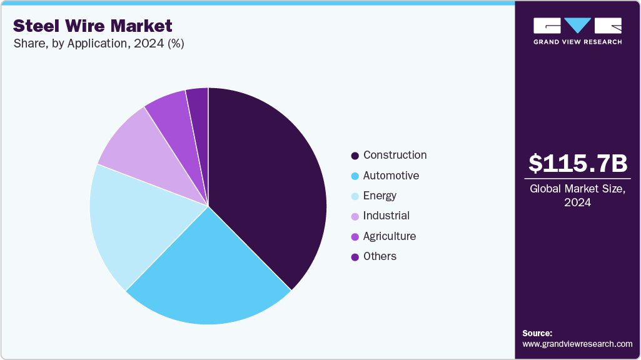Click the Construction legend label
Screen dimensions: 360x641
pyautogui.click(x=395, y=155)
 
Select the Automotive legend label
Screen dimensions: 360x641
pyautogui.click(x=391, y=176)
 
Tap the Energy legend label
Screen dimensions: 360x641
pyautogui.click(x=380, y=196)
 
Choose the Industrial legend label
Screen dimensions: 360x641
pyautogui.click(x=386, y=216)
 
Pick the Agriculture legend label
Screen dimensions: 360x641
pyautogui.click(x=389, y=236)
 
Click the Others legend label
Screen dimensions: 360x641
pyautogui.click(x=380, y=256)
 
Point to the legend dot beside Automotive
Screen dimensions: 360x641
pyautogui.click(x=355, y=176)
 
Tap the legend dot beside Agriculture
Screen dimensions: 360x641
pyautogui.click(x=355, y=237)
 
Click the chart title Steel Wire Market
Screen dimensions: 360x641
pyautogui.click(x=93, y=26)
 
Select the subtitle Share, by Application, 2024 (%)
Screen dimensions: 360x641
pyautogui.click(x=98, y=44)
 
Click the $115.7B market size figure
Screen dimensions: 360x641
pyautogui.click(x=577, y=164)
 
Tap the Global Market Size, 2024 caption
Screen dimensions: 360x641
pyautogui.click(x=577, y=196)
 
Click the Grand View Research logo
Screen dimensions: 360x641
pyautogui.click(x=577, y=31)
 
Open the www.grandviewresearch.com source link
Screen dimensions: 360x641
pyautogui.click(x=577, y=344)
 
